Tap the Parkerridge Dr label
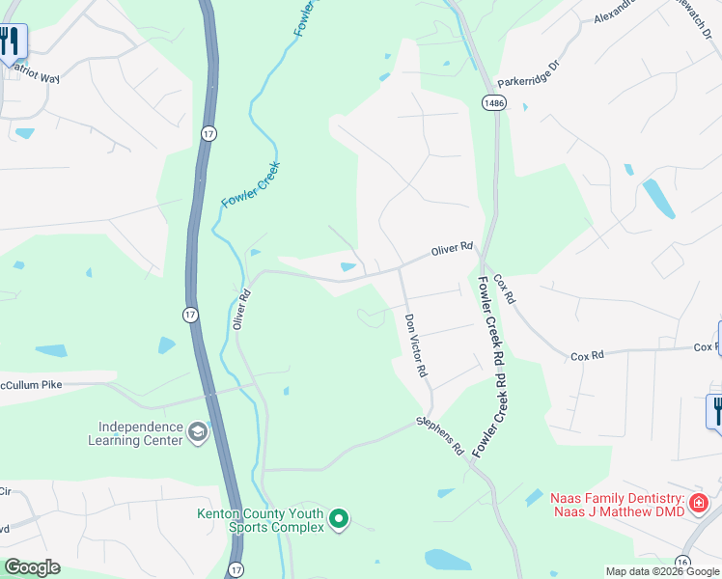pyautogui.click(x=528, y=71)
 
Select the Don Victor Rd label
pyautogui.click(x=416, y=345)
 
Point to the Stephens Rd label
pyautogui.click(x=441, y=436)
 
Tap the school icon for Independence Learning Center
pyautogui.click(x=198, y=431)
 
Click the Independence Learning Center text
pyautogui.click(x=140, y=433)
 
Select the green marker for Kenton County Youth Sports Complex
pyautogui.click(x=338, y=519)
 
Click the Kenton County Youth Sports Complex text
pyautogui.click(x=261, y=520)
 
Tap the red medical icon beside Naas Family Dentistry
pyautogui.click(x=698, y=504)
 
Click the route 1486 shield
pyautogui.click(x=494, y=102)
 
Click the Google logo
pyautogui.click(x=32, y=567)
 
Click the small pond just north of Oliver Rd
pyautogui.click(x=347, y=266)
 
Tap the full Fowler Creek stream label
pyautogui.click(x=250, y=187)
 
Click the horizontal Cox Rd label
pyautogui.click(x=587, y=355)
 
